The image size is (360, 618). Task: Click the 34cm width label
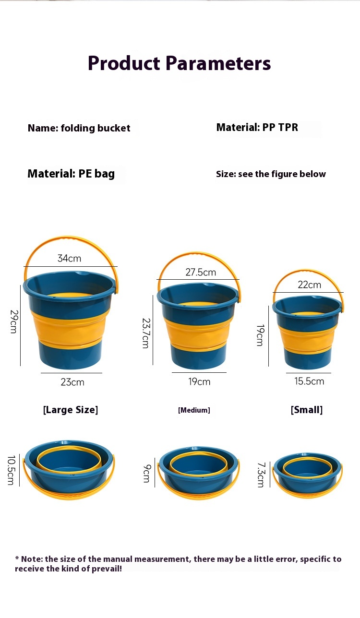[70, 258]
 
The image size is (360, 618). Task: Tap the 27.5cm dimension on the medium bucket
[201, 272]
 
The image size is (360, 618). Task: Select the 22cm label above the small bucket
[309, 285]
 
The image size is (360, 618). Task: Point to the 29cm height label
[13, 321]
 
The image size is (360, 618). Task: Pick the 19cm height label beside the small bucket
[260, 335]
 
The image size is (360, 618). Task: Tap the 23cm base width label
[72, 382]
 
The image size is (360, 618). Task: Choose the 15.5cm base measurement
[309, 381]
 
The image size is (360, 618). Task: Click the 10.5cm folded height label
[11, 470]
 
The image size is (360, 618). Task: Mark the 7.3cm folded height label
[261, 475]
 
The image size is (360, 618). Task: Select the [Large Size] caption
[71, 410]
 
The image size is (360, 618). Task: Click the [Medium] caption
[194, 410]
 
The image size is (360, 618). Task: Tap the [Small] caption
[307, 410]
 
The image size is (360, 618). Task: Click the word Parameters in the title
[218, 63]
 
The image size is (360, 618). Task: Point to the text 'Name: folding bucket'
[79, 128]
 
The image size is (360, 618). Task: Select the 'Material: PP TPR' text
[257, 127]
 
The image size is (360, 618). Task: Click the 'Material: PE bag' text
[71, 174]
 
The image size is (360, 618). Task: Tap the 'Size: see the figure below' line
[271, 174]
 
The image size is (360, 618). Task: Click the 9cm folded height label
[146, 473]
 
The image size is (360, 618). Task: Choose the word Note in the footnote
[32, 559]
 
